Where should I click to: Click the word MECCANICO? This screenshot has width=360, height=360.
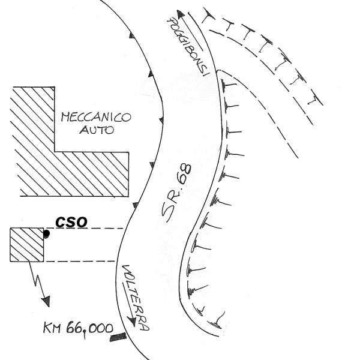tap(96, 118)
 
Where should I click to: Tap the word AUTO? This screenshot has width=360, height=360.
tap(97, 130)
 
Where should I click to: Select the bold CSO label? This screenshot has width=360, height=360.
tap(71, 222)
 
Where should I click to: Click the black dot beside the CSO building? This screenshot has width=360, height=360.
tap(46, 234)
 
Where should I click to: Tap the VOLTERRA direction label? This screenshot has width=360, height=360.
tap(136, 298)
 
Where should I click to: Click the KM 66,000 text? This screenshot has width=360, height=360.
tap(78, 329)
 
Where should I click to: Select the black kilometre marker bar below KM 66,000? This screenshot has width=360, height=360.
tap(118, 337)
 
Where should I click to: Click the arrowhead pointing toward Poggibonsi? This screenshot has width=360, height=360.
tap(181, 14)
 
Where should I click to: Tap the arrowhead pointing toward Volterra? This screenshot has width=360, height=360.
tap(133, 322)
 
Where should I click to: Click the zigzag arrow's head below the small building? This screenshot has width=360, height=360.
tap(46, 301)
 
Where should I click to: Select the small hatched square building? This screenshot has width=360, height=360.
tap(26, 245)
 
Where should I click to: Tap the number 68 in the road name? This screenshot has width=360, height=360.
tap(185, 174)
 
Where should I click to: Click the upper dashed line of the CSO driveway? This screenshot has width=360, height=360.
tap(83, 229)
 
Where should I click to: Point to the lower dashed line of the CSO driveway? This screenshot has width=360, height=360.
tap(79, 261)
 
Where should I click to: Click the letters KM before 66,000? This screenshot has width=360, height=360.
tap(52, 328)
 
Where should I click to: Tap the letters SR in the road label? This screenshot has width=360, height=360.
tap(170, 207)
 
